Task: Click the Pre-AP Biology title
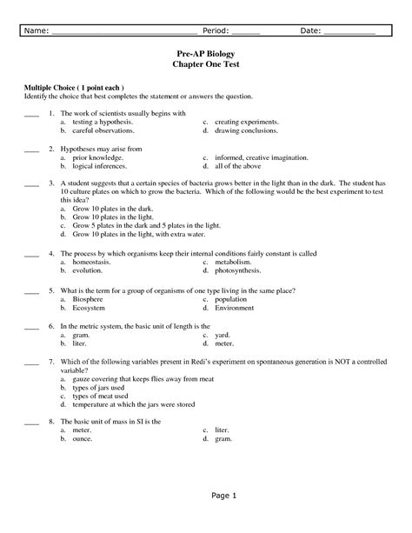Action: coord(206,53)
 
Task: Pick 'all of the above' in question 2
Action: coord(240,165)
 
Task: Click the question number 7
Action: coord(52,361)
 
